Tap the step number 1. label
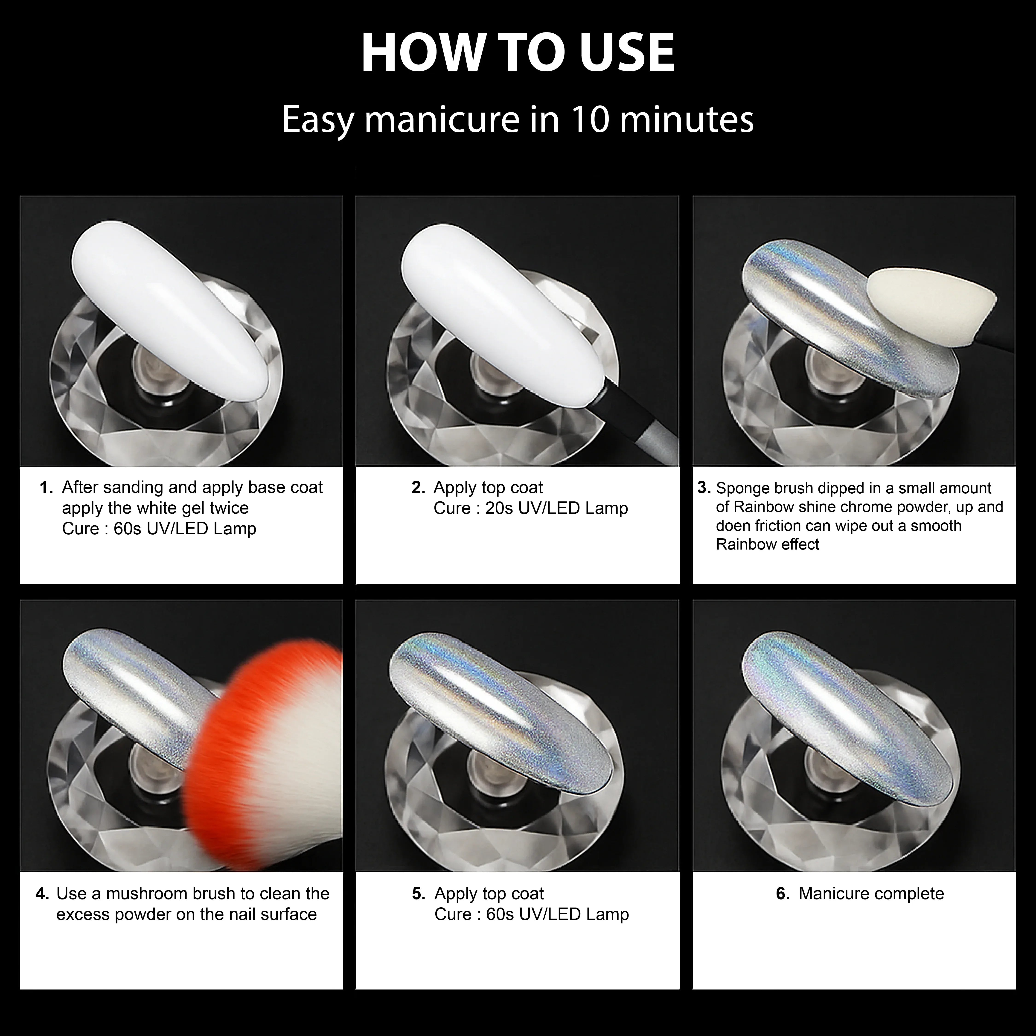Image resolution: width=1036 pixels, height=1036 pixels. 47,487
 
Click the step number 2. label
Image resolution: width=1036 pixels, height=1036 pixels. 418,487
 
